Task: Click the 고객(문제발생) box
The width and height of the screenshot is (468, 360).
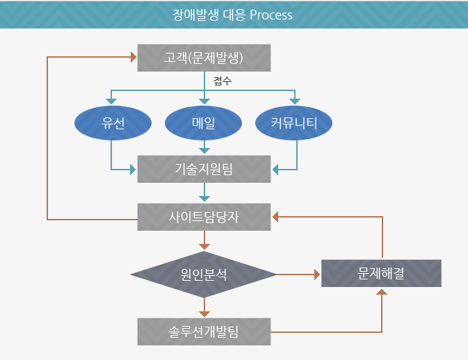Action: [x=204, y=58]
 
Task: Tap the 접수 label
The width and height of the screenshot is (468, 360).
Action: [x=223, y=81]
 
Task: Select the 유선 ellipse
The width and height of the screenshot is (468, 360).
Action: [x=112, y=124]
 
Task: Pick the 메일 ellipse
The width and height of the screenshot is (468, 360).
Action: [x=204, y=124]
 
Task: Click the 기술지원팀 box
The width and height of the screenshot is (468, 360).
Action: [x=204, y=168]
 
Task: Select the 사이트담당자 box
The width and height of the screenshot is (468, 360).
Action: [x=204, y=217]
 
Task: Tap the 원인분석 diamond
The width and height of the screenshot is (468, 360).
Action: [x=204, y=275]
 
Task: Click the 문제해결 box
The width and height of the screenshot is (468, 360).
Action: [x=381, y=273]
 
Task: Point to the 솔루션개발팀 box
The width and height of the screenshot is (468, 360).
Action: [x=204, y=332]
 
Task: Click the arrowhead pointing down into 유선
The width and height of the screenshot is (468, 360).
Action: [x=112, y=101]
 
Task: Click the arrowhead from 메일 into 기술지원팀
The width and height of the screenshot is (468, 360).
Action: [x=204, y=149]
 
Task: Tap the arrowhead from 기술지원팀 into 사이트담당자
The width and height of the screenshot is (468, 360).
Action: [x=204, y=198]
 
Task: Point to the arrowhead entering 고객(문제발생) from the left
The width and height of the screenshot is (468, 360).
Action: [x=133, y=57]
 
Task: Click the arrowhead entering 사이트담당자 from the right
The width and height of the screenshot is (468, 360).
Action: [x=275, y=217]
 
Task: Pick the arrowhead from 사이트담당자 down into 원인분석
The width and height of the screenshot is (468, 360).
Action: [x=204, y=245]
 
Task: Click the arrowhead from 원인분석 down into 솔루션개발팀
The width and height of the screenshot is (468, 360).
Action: [x=204, y=313]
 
